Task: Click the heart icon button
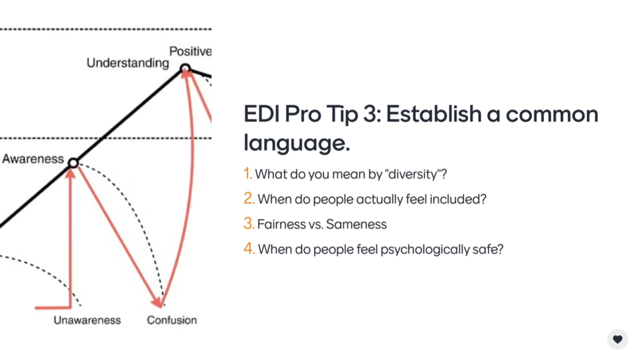(617, 339)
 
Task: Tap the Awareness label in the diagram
(33, 159)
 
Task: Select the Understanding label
(128, 63)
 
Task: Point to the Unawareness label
(87, 320)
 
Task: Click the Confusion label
(172, 320)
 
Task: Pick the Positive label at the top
(190, 51)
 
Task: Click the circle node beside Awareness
(73, 163)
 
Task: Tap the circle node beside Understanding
(185, 69)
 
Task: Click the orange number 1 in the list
(247, 173)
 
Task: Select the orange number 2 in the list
(249, 198)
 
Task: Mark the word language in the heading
(296, 143)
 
